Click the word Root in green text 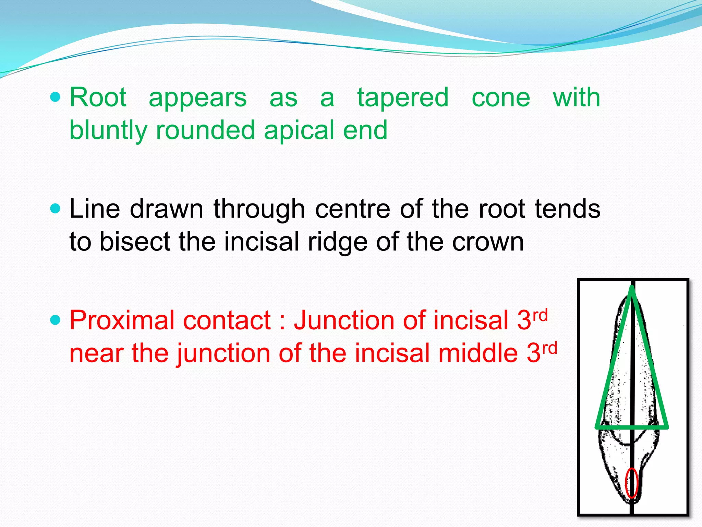point(98,98)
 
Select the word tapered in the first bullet point(403,98)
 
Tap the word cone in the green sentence point(501,98)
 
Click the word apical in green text point(300,130)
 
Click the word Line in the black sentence point(95,209)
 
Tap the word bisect point(135,242)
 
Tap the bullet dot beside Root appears point(55,97)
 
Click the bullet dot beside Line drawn point(55,209)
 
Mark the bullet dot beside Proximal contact point(55,320)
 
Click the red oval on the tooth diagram point(632,483)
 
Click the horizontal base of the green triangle point(632,427)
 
